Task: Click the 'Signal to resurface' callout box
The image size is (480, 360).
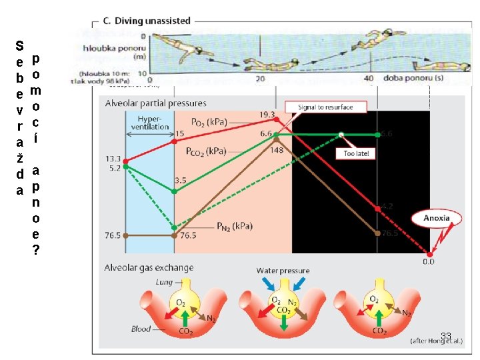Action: (325, 107)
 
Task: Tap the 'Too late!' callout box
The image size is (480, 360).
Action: (359, 153)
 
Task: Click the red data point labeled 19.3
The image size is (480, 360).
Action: (276, 120)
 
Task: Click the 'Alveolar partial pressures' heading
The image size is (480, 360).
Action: (156, 103)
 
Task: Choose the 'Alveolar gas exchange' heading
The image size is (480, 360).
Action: (149, 267)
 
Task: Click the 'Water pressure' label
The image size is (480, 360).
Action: (283, 271)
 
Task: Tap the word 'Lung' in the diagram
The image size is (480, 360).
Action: (164, 283)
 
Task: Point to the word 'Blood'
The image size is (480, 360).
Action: (141, 328)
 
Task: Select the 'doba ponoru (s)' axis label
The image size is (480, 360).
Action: (405, 78)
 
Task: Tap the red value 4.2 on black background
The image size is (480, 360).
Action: (387, 207)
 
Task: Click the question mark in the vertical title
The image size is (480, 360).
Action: (35, 250)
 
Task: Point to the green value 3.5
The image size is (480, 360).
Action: (180, 180)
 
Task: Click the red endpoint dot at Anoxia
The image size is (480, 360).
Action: (430, 253)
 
